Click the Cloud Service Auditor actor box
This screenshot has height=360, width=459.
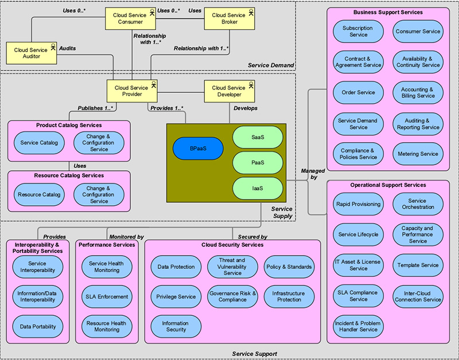(32, 53)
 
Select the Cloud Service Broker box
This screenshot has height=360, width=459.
(229, 19)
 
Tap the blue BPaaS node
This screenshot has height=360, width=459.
(198, 148)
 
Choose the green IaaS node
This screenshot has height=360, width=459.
(258, 189)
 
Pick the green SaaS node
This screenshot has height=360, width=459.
(258, 137)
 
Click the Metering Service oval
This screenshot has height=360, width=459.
(418, 154)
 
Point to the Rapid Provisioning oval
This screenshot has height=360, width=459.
(358, 204)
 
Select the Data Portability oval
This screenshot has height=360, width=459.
(38, 327)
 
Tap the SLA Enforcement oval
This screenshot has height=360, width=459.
(107, 296)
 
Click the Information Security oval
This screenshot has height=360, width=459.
(176, 326)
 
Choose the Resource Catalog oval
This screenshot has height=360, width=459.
(39, 194)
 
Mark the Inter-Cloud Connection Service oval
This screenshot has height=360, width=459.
(418, 296)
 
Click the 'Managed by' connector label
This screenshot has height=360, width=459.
(313, 174)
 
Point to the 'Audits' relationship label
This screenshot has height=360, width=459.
(68, 48)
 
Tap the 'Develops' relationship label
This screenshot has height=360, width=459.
(246, 108)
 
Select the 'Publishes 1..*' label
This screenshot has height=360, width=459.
(95, 108)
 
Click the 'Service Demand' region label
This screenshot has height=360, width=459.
(271, 65)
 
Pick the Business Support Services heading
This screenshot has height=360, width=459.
(388, 12)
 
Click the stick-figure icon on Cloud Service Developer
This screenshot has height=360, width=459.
(251, 85)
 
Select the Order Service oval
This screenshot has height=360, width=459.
(358, 92)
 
